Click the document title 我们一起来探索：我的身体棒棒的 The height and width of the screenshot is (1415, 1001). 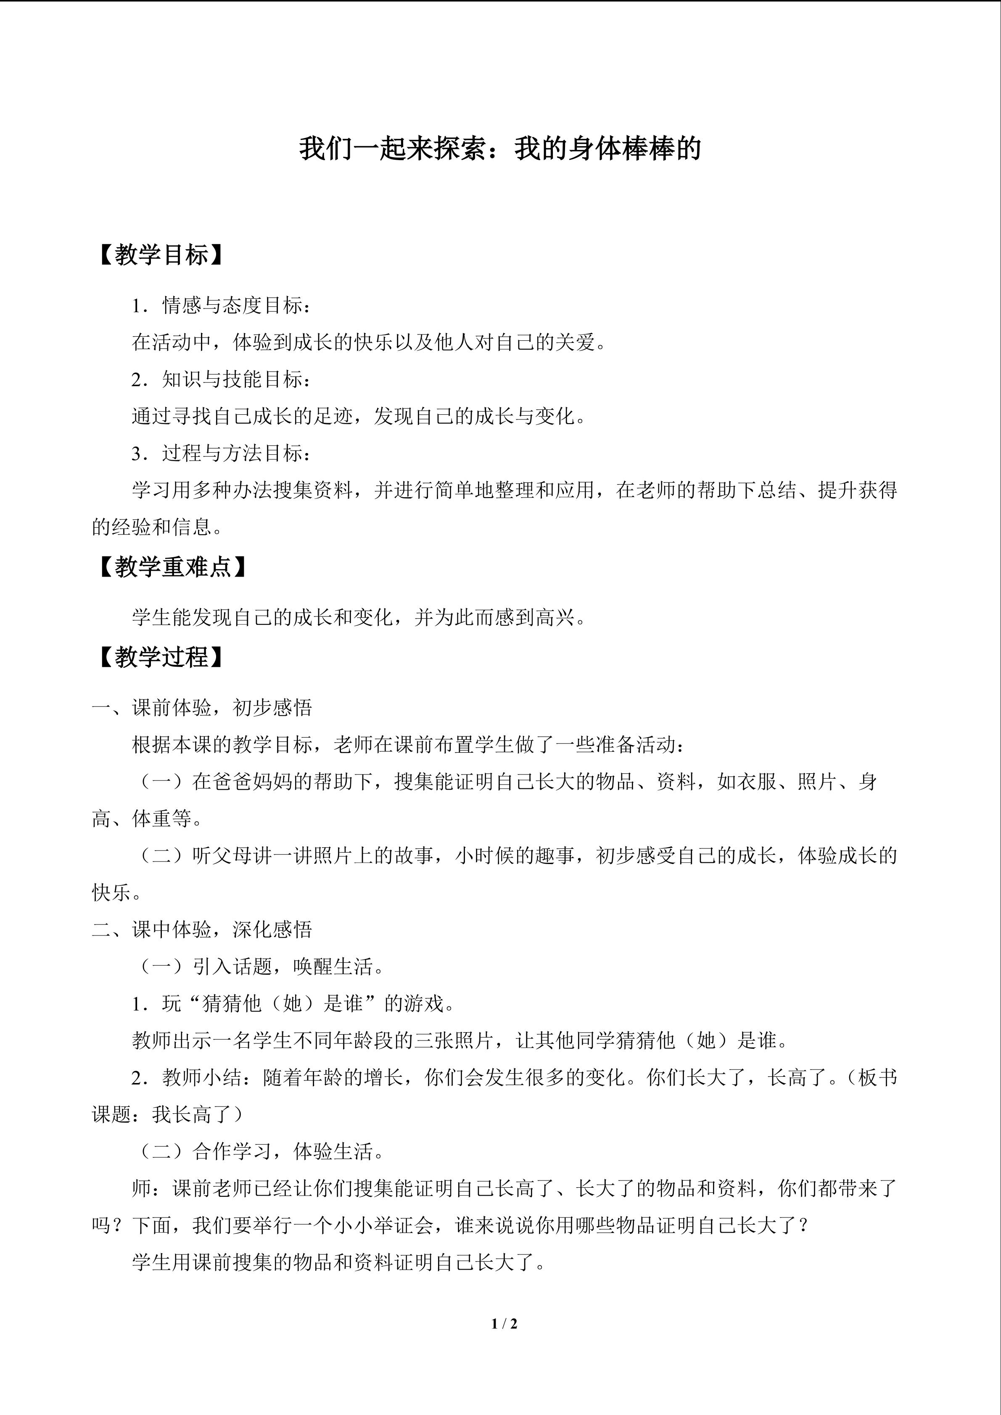(x=500, y=149)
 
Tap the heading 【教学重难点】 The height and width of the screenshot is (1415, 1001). (x=172, y=567)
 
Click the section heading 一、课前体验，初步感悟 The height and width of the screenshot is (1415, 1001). (x=202, y=708)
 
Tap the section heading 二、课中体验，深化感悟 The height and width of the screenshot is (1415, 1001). (x=202, y=929)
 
